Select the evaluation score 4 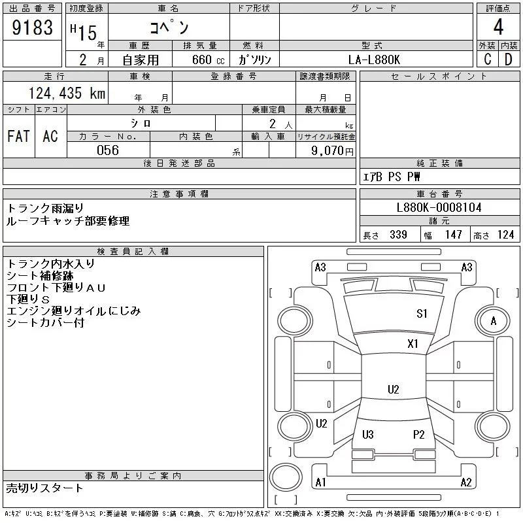tap(498, 27)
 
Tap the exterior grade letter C tap(487, 59)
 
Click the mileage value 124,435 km tap(67, 93)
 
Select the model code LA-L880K tap(372, 59)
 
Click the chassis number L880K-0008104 tap(439, 207)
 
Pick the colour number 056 tap(108, 150)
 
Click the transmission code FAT tap(18, 136)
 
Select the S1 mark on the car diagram tap(422, 314)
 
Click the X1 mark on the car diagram tap(413, 344)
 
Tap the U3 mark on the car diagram tap(367, 434)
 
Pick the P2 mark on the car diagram tap(419, 434)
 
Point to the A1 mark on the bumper tap(320, 482)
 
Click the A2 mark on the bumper tap(466, 482)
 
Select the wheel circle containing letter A tap(493, 321)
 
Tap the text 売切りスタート tap(45, 488)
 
